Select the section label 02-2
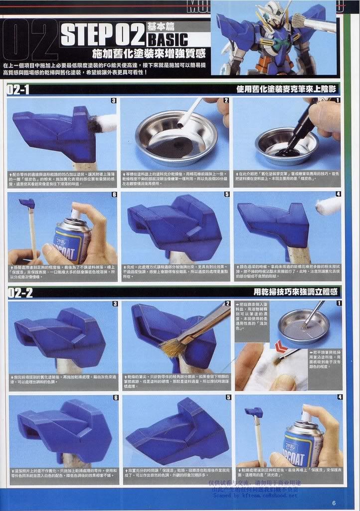pos(20,293)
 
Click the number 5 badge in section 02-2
pos(227,397)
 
